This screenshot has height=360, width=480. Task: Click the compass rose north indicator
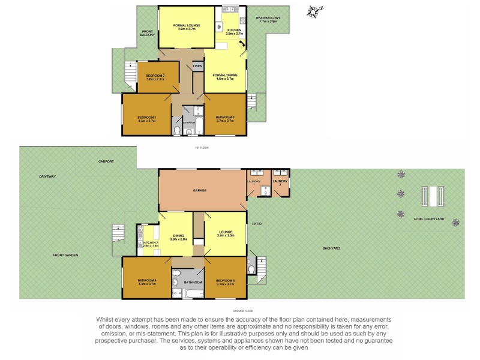[x=313, y=10]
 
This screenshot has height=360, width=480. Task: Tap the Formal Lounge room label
[x=186, y=26]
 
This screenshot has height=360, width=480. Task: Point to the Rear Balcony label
[x=268, y=19]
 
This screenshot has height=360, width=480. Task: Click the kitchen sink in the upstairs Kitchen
[x=229, y=9]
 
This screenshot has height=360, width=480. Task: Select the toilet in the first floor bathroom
[x=176, y=130]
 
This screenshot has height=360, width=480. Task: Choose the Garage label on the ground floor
[x=200, y=190]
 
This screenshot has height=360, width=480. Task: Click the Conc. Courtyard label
[x=428, y=220]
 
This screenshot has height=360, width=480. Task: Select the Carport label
[x=106, y=161]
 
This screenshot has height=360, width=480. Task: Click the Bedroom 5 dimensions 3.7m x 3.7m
[x=225, y=284]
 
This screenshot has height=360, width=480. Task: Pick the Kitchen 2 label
[x=150, y=243]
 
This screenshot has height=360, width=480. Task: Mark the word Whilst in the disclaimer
[x=106, y=319]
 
